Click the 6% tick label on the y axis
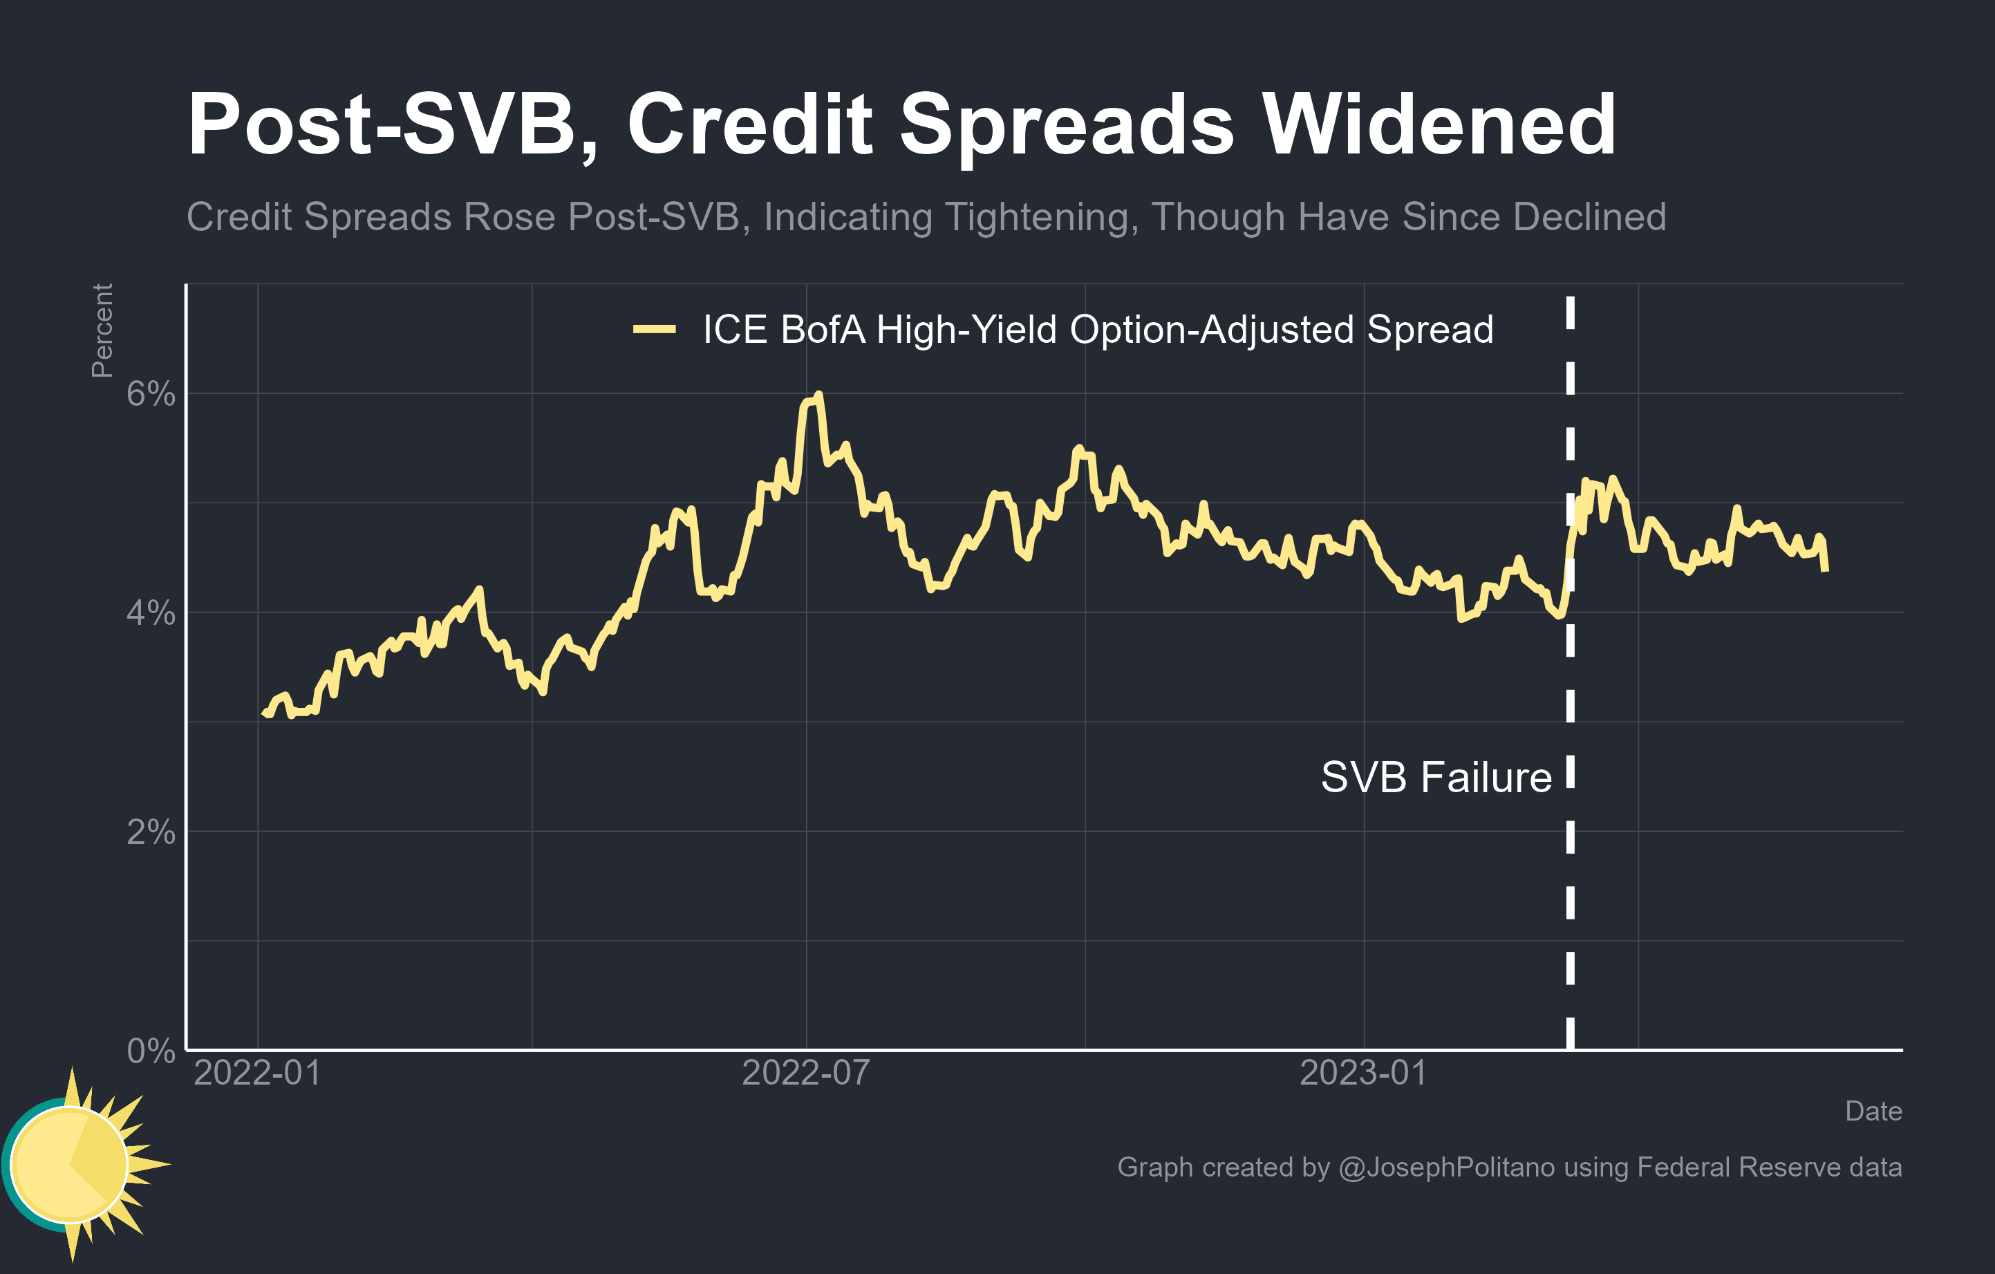click(x=151, y=394)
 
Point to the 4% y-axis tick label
click(x=151, y=614)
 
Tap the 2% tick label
click(x=151, y=832)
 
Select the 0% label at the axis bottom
click(x=151, y=1051)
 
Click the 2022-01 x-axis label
click(x=257, y=1074)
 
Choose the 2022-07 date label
click(x=805, y=1074)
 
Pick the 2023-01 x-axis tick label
click(x=1363, y=1074)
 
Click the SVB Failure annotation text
click(x=1436, y=778)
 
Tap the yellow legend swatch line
click(x=654, y=330)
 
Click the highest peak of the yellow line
click(x=818, y=395)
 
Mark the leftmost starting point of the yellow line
click(x=263, y=713)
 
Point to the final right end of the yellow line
click(x=1825, y=570)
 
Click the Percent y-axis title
click(x=102, y=330)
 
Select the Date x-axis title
click(x=1873, y=1111)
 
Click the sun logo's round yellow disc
click(x=70, y=1164)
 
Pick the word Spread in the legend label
click(x=1430, y=330)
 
